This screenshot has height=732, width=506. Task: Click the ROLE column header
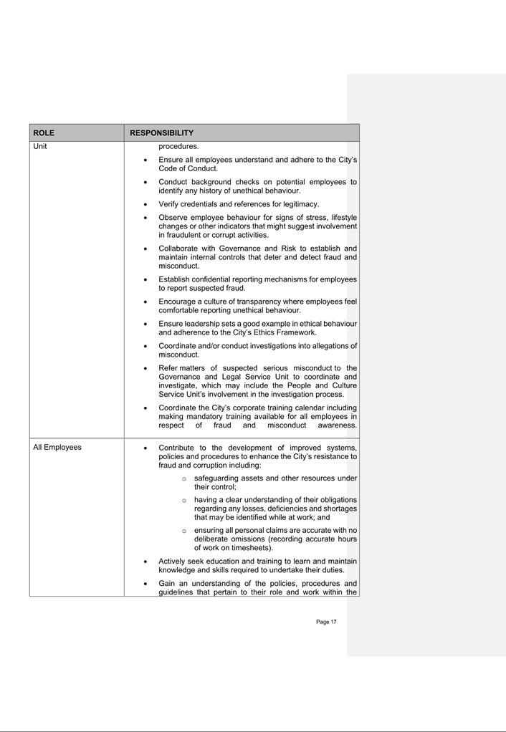tap(44, 133)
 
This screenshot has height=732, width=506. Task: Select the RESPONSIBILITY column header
tap(161, 133)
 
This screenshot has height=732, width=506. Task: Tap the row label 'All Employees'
tap(57, 447)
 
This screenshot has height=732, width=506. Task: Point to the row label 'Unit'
tap(40, 146)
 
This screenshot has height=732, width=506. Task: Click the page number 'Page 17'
tap(326, 622)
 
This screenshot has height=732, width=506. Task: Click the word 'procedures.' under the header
tap(178, 146)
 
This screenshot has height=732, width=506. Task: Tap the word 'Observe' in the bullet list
tap(173, 217)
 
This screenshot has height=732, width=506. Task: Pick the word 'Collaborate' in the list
tap(179, 249)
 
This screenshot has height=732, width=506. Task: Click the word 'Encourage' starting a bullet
tap(177, 302)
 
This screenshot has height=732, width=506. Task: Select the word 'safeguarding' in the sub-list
tap(216, 478)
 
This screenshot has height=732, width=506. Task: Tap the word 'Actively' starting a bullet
tap(173, 561)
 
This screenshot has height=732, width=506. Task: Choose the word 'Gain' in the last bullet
tap(167, 583)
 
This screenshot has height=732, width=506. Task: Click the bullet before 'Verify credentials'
tap(146, 205)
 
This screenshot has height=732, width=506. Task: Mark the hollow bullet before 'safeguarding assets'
tap(184, 478)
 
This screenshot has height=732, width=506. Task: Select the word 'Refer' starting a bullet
tap(168, 368)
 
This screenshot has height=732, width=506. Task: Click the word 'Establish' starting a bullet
tap(176, 279)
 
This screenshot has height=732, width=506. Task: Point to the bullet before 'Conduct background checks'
tap(146, 183)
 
